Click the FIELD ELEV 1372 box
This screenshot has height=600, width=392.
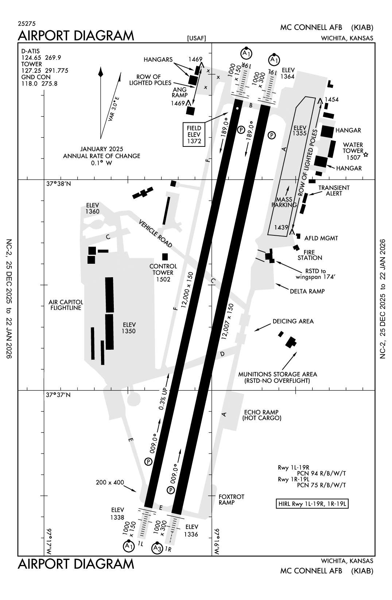[194, 134]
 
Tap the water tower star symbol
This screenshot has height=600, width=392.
[366, 155]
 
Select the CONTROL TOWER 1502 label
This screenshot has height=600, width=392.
[163, 272]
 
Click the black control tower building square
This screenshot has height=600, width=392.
[165, 256]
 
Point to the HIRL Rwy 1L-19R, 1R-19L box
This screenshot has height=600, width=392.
[312, 504]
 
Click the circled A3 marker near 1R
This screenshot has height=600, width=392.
[157, 548]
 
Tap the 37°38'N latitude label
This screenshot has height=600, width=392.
[58, 184]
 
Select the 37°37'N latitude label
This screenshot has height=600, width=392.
[58, 395]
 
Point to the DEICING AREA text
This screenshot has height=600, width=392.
[293, 321]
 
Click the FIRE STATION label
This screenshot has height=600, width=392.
[310, 255]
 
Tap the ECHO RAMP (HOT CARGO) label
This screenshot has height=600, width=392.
[262, 415]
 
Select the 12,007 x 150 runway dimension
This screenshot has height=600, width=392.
[227, 322]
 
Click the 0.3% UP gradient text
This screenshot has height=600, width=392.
[163, 397]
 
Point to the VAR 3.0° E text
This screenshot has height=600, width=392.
[113, 109]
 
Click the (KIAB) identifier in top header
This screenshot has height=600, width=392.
[362, 27]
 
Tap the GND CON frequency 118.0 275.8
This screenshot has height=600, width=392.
[39, 83]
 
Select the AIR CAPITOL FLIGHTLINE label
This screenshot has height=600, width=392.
[66, 305]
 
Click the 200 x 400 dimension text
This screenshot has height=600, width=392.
[110, 482]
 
